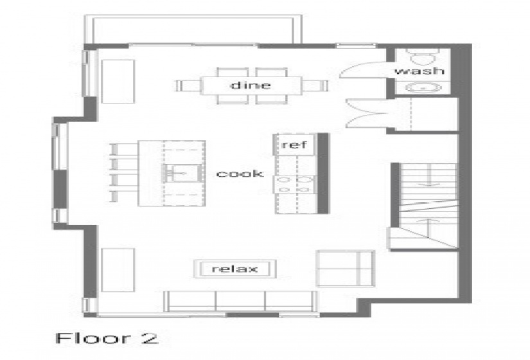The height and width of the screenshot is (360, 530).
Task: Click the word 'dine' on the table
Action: point(251,85)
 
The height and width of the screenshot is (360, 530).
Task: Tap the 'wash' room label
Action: point(419,71)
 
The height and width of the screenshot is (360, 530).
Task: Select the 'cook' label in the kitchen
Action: point(240,174)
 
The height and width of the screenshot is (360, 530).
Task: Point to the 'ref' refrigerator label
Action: point(294,145)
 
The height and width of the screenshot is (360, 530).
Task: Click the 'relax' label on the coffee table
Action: point(234,269)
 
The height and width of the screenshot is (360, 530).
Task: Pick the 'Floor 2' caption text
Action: point(107,338)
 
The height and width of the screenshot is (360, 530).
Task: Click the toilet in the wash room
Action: point(423,57)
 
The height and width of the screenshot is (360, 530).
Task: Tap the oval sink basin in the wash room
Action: point(423,87)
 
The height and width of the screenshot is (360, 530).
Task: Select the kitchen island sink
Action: point(182,174)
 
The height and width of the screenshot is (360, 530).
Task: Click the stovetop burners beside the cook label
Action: point(296,184)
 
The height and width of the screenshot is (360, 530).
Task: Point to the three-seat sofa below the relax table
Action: point(241,301)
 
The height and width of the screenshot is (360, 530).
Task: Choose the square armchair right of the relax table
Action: point(346,268)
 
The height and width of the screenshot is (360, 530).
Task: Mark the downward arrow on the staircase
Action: point(429,175)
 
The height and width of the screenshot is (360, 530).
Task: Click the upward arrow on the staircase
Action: point(428,229)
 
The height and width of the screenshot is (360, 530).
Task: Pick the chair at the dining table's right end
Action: point(315,85)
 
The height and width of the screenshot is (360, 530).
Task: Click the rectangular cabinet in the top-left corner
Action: point(118,81)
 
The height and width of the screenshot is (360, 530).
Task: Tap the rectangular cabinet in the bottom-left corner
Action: point(118,270)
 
